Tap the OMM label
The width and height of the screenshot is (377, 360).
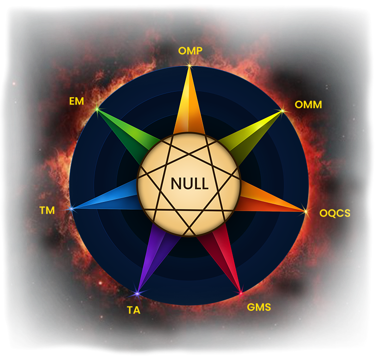click(x=308, y=104)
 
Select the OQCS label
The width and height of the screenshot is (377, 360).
click(x=335, y=213)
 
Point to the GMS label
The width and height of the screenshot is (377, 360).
click(x=259, y=307)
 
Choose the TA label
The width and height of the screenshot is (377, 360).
click(x=134, y=310)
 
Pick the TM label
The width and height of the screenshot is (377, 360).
click(x=47, y=210)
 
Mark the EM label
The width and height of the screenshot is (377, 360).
click(x=76, y=102)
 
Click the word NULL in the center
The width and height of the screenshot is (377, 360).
click(x=189, y=184)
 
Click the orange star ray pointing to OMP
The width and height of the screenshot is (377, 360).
click(x=189, y=106)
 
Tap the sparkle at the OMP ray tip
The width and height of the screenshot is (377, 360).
click(x=189, y=66)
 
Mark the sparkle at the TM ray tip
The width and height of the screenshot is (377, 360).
click(x=72, y=209)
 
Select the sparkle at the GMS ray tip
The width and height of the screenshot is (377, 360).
click(x=240, y=292)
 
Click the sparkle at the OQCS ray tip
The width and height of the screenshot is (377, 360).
click(x=305, y=211)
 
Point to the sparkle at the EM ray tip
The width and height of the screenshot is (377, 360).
click(x=97, y=109)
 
